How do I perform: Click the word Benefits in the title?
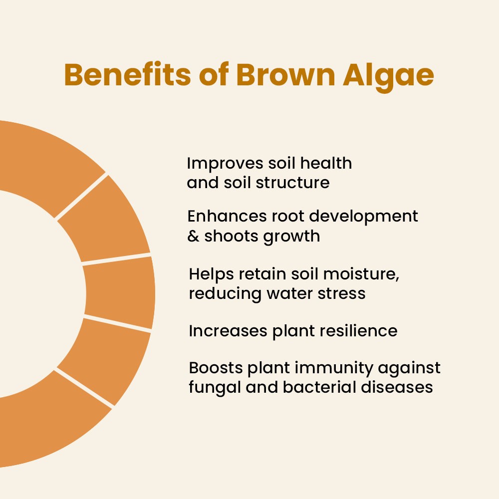point(127,75)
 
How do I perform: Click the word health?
point(326,163)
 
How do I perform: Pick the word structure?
point(292,183)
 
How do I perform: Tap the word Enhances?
point(227,216)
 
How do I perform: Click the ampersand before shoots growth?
point(193,236)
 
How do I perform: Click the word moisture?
point(361,274)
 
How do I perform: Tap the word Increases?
point(228,331)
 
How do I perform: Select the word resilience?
point(358,331)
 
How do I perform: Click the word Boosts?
point(216,368)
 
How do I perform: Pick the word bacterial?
point(319,387)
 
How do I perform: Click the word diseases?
point(397,387)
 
